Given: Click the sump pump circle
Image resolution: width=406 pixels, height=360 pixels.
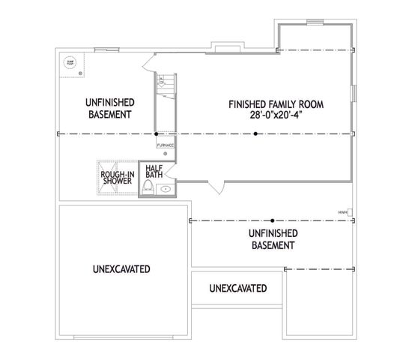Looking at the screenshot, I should (70, 63).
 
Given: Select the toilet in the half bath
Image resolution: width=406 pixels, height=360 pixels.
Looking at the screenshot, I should (148, 186).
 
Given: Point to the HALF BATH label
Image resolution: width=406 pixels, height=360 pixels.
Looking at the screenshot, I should (154, 172).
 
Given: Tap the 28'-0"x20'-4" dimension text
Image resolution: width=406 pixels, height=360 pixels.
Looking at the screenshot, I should (281, 116).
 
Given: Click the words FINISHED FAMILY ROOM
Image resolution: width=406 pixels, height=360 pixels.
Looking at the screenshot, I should (281, 103).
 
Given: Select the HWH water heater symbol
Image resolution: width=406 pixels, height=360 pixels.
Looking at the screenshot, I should (350, 211).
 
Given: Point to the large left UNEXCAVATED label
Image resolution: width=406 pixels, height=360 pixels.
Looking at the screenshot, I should (121, 268).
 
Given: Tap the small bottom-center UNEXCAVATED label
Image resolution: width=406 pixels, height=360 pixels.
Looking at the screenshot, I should (237, 288).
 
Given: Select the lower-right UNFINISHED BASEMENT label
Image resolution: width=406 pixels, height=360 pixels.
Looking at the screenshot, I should (272, 238).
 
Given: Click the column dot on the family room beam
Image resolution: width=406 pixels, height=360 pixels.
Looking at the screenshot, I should (255, 134).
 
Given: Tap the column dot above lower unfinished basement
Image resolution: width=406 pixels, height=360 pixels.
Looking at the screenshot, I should (273, 220).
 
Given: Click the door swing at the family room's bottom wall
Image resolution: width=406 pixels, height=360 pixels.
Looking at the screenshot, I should (216, 187).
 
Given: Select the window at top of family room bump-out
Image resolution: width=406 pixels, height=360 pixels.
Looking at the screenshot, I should (315, 21).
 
